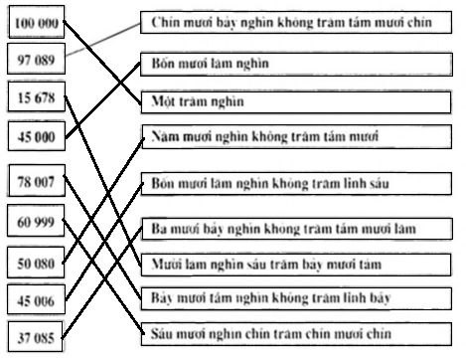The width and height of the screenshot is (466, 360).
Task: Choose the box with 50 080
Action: pos(34,263)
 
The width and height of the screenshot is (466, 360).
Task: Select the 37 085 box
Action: pos(34,334)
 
